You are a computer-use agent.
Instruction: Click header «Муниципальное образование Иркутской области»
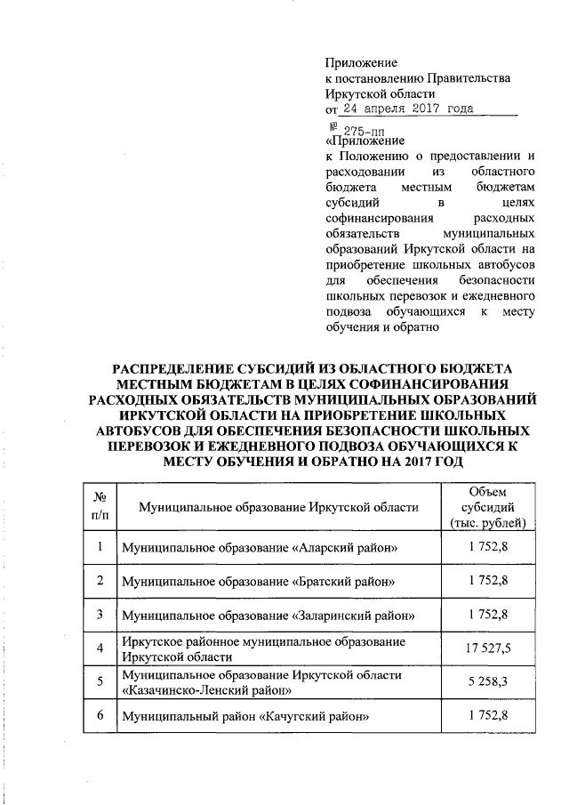pos(278,507)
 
